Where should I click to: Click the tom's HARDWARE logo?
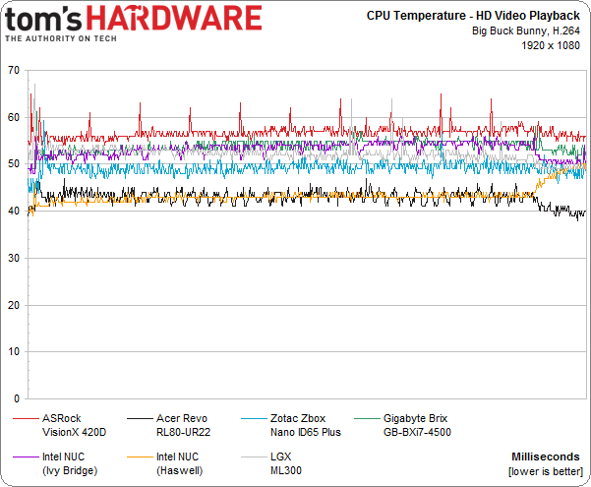point(133,23)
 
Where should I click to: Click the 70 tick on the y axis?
point(13,70)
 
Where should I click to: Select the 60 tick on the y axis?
point(13,117)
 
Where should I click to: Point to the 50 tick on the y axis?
point(13,164)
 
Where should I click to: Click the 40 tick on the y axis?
point(13,212)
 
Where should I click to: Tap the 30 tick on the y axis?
point(13,259)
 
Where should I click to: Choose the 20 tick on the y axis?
point(13,306)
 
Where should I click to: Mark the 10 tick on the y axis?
point(13,353)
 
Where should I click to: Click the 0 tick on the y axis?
point(16,400)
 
